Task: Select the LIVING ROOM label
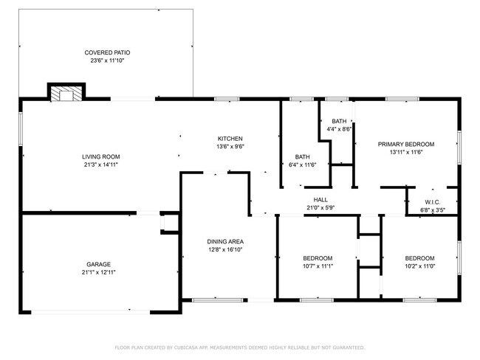(101, 156)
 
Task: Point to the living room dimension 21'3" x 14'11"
(101, 165)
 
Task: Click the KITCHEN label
(230, 139)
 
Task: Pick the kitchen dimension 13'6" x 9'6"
(230, 147)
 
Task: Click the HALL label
(320, 199)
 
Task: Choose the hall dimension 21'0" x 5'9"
(320, 207)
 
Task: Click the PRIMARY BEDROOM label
(405, 144)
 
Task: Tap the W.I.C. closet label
(433, 202)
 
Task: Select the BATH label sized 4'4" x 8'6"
(339, 121)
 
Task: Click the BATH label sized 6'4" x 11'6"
(303, 156)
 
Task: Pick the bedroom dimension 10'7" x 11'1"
(318, 266)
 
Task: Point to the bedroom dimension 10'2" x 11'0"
(419, 266)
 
